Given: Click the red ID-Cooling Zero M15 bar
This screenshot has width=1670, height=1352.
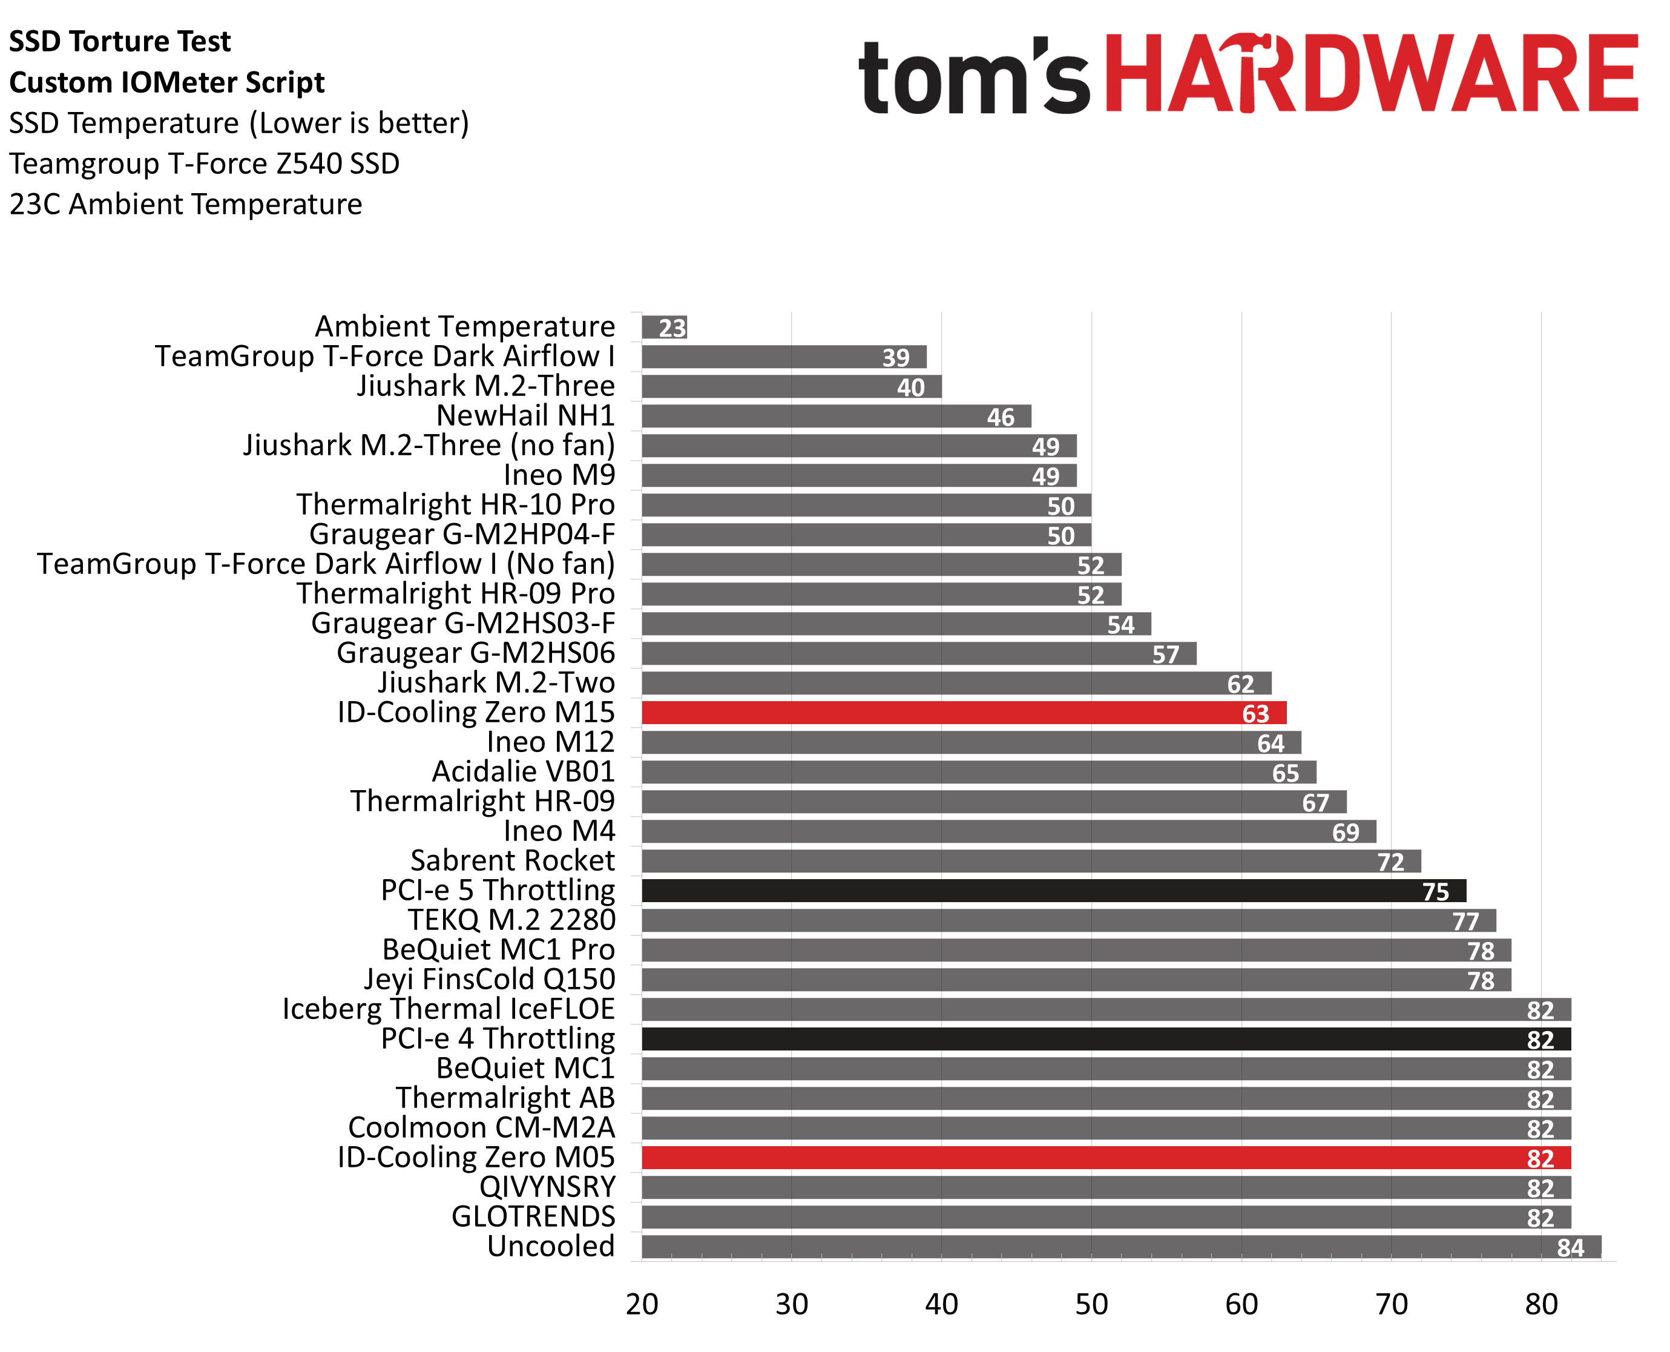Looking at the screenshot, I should point(963,713).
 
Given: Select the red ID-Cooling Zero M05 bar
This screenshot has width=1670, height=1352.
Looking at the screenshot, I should point(1105,1158).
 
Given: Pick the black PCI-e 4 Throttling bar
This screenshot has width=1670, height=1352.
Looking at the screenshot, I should point(1105,1039).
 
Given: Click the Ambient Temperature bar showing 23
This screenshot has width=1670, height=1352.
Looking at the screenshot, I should point(663,327).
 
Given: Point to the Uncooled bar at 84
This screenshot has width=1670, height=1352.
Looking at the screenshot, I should point(1120,1247).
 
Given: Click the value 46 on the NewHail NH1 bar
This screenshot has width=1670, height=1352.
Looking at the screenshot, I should point(1001,417).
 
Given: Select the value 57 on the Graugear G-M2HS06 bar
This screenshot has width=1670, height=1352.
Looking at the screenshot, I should point(1166,654).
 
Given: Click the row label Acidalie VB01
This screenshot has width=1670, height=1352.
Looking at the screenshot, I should point(523,772).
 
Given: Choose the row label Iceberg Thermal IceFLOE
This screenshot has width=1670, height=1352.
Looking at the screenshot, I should point(449,1009).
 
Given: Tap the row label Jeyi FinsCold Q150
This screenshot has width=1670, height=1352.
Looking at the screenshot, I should point(490,980).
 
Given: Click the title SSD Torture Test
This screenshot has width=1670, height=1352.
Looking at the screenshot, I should point(120,41).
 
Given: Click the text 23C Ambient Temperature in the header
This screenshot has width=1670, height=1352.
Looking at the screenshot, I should point(186,205).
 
